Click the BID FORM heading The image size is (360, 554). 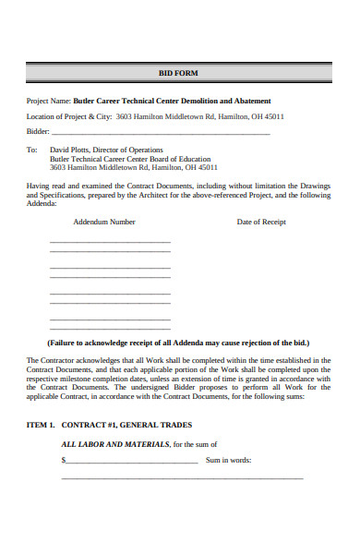(179, 72)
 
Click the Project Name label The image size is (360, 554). (48, 101)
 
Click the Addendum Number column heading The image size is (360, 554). (103, 222)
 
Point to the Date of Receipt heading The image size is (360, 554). (261, 222)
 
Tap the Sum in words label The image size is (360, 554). (228, 460)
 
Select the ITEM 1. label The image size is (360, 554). (41, 425)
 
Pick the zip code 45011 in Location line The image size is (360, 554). (274, 117)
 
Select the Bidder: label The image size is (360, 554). (39, 133)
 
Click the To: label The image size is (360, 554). (31, 150)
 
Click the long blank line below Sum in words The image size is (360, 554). (182, 478)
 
